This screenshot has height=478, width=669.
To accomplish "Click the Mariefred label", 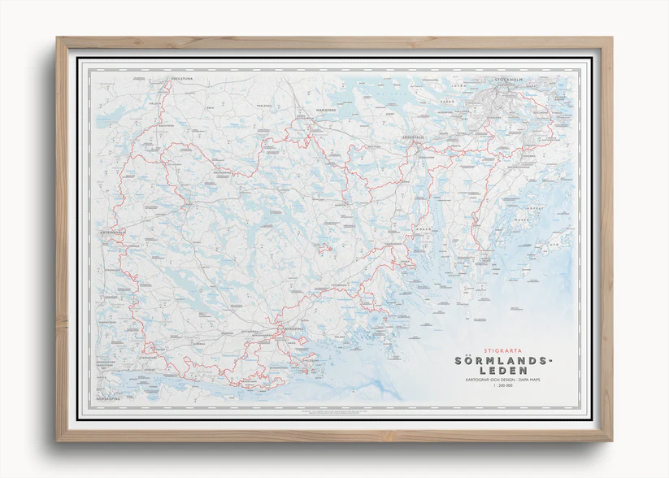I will pos(325,106).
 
